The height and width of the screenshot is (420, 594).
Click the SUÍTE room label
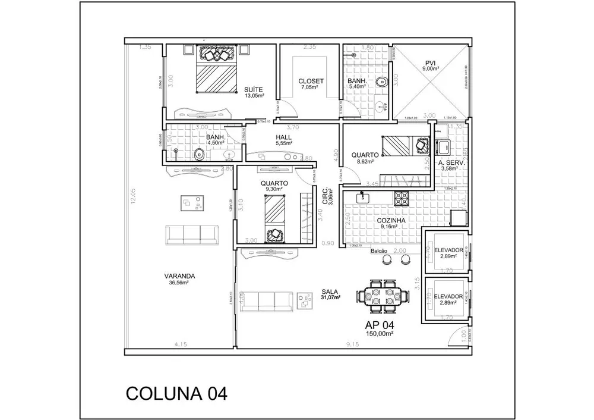pyautogui.click(x=254, y=89)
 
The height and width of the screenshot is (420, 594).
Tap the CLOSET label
pyautogui.click(x=311, y=81)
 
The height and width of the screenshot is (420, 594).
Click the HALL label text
pyautogui.click(x=283, y=137)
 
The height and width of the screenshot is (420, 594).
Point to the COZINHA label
pyautogui.click(x=391, y=220)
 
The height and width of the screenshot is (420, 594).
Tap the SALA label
pyautogui.click(x=330, y=292)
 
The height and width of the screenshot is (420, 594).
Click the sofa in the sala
pyautogui.click(x=267, y=300)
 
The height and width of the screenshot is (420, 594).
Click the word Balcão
pyautogui.click(x=379, y=251)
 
